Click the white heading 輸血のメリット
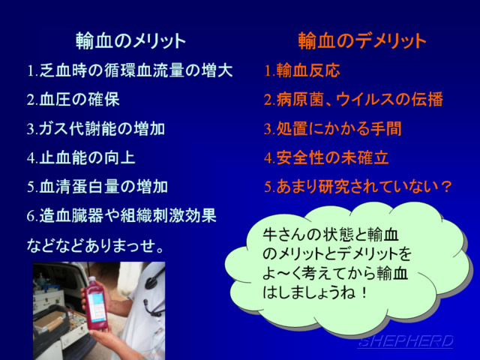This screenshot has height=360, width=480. (x=130, y=40)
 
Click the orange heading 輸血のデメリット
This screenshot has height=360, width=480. (x=362, y=40)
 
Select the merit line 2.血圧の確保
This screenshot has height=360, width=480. (x=73, y=100)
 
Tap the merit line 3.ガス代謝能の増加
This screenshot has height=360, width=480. (x=96, y=128)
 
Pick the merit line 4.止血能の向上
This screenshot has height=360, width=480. (x=81, y=157)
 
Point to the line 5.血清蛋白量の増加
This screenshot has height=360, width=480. (x=97, y=187)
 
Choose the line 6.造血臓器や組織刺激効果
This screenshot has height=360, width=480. (x=121, y=216)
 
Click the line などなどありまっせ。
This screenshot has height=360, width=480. (x=95, y=245)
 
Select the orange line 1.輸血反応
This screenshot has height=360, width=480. (x=302, y=70)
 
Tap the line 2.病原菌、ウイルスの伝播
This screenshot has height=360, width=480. (x=353, y=100)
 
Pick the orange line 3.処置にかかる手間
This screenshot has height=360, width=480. (x=333, y=128)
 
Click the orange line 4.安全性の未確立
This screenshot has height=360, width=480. (x=326, y=157)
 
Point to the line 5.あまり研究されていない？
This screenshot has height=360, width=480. (x=358, y=187)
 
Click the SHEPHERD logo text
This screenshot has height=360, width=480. (x=405, y=341)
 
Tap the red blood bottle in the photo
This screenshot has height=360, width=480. (x=96, y=303)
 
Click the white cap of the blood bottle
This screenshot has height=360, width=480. (x=92, y=279)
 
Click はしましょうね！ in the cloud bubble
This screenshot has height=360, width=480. (x=315, y=293)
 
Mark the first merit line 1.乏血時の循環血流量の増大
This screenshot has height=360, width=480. (x=130, y=70)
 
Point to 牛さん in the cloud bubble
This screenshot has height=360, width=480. (x=284, y=235)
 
